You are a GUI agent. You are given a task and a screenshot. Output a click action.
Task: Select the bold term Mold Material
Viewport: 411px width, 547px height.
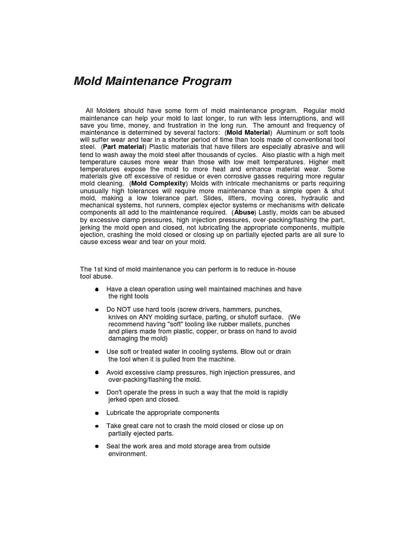coord(249,132)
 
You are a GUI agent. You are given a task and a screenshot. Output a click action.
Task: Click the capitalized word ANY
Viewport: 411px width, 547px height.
coord(147,317)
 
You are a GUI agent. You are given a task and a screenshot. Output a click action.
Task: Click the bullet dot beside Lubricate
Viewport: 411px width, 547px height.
coord(96,413)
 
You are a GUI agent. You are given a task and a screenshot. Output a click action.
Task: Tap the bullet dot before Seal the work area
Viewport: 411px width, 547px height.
coord(96,446)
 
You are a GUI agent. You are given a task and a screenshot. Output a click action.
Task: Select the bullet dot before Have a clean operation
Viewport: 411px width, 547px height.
coord(96,289)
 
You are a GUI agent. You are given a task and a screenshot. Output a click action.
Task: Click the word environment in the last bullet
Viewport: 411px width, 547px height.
coord(127,454)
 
